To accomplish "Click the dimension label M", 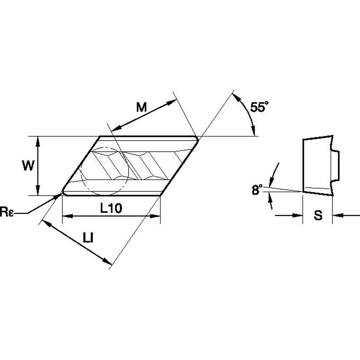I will [x=141, y=107].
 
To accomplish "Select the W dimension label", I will [x=28, y=166].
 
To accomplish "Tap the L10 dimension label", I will [x=111, y=209].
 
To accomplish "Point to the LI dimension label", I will [x=88, y=238].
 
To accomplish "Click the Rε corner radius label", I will [x=8, y=212].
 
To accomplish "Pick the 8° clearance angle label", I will [x=257, y=190].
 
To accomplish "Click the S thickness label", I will [x=318, y=215].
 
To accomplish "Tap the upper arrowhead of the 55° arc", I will [x=237, y=96].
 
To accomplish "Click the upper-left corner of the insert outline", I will [x=100, y=137].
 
